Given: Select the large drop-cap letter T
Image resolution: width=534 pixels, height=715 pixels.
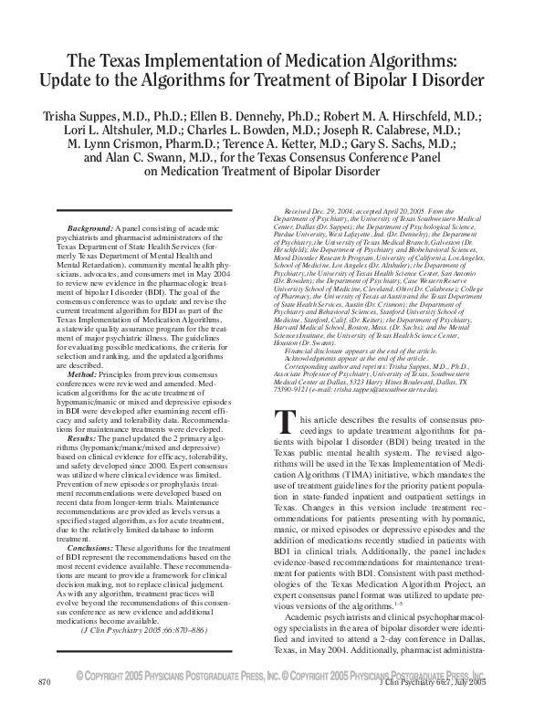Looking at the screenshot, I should [x=284, y=421].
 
